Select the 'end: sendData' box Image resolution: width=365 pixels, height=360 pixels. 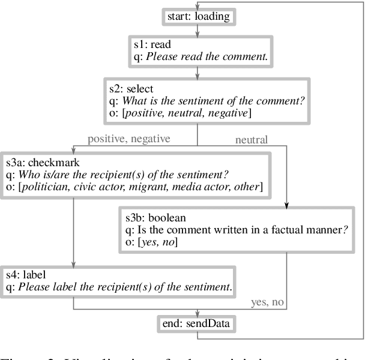[x=198, y=324]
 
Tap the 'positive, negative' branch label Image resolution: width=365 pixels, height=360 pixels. [x=128, y=139]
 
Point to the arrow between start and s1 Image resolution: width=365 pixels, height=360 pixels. [x=198, y=30]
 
